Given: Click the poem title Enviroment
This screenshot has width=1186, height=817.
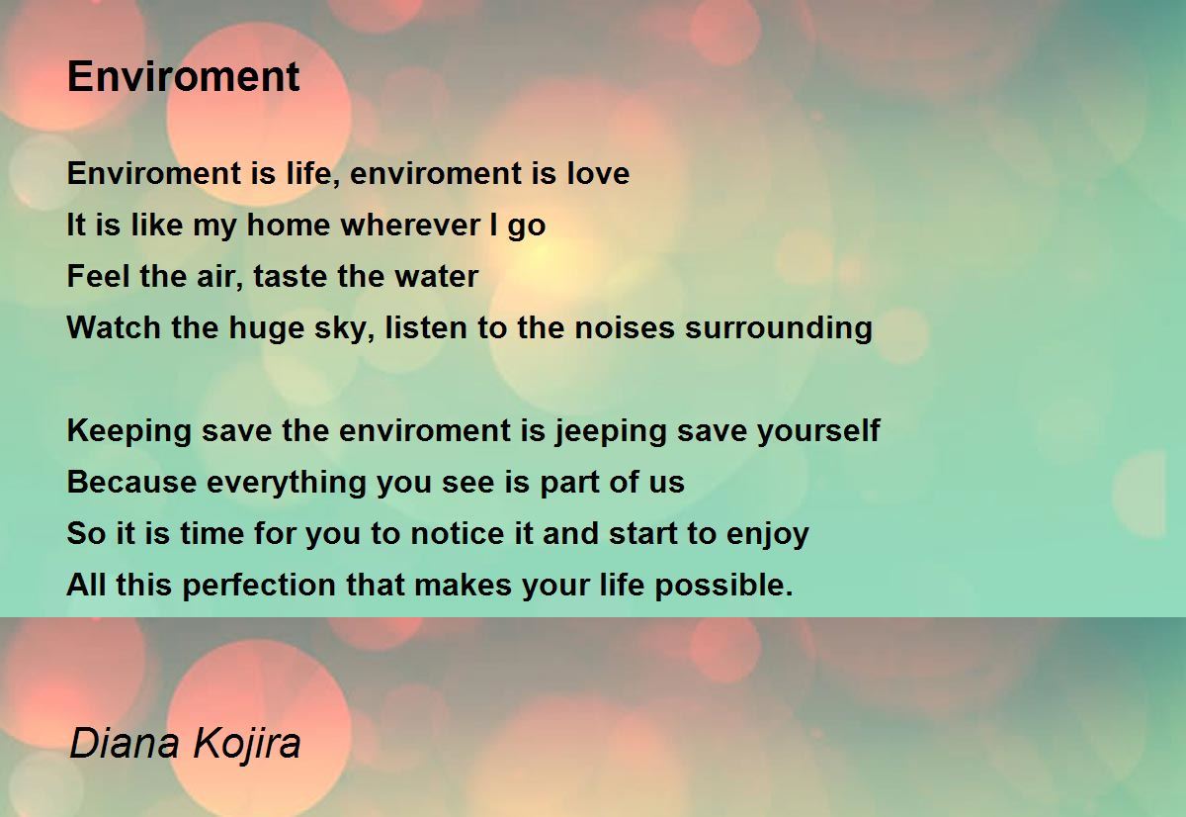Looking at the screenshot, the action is (183, 76).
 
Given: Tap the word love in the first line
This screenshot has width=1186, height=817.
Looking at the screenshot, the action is (598, 173).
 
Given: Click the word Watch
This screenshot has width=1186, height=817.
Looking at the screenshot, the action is (114, 327).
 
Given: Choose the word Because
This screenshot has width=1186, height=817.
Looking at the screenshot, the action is (131, 481).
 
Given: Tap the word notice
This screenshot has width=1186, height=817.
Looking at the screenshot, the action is (458, 532).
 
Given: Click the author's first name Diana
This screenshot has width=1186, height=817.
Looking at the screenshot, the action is (125, 742).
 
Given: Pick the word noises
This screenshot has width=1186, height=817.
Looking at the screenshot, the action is (625, 327).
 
